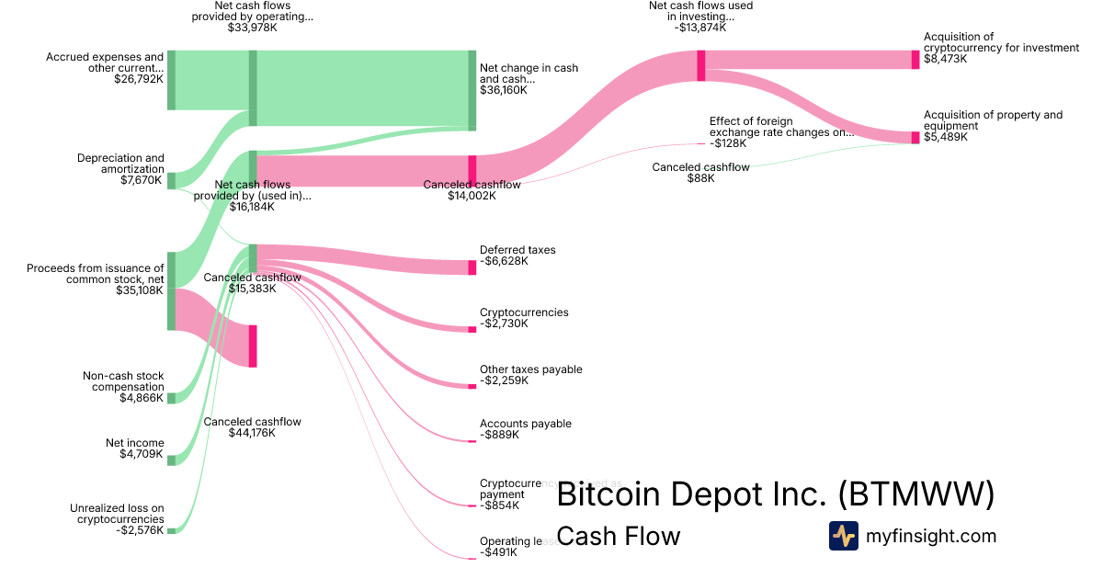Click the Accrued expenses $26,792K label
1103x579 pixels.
pyautogui.click(x=105, y=68)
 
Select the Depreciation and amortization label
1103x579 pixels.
pyautogui.click(x=120, y=169)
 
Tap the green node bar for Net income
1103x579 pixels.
pyautogui.click(x=171, y=460)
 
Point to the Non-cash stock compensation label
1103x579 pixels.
pyautogui.click(x=123, y=387)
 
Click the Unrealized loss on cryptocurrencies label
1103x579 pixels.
pyautogui.click(x=117, y=519)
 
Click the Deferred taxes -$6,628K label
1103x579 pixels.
pyautogui.click(x=517, y=255)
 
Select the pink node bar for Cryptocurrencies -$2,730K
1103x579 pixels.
pyautogui.click(x=472, y=329)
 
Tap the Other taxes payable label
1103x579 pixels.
pyautogui.click(x=530, y=375)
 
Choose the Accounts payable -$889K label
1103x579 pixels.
pyautogui.click(x=525, y=429)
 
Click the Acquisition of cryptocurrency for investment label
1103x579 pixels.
pyautogui.click(x=1001, y=48)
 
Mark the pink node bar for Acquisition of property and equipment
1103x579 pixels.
pyautogui.click(x=915, y=138)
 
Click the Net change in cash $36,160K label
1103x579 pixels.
pyautogui.click(x=529, y=79)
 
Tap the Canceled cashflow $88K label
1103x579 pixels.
pyautogui.click(x=700, y=173)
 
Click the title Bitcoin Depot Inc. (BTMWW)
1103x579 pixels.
pyautogui.click(x=776, y=494)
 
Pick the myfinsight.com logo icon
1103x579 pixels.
pyautogui.click(x=843, y=536)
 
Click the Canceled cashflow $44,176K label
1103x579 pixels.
pyautogui.click(x=252, y=427)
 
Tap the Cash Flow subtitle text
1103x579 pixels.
pyautogui.click(x=619, y=536)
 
